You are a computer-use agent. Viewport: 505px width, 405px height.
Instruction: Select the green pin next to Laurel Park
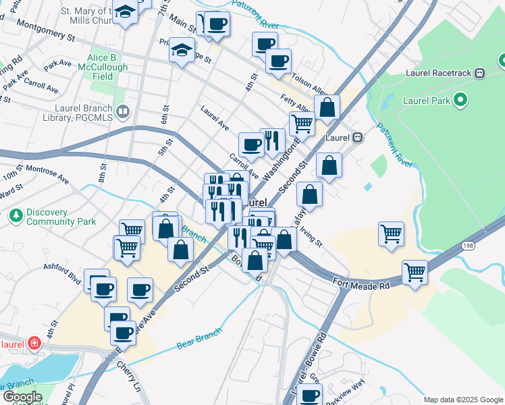click(x=460, y=101)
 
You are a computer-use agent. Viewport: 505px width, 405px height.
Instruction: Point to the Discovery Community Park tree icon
click(x=16, y=216)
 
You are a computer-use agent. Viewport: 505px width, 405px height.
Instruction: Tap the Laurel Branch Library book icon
click(x=122, y=111)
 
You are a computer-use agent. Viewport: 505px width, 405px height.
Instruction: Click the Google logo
click(x=22, y=397)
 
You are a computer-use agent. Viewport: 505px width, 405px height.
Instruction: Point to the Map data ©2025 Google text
click(x=462, y=400)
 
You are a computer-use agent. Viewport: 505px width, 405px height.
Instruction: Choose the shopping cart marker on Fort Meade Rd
click(x=415, y=273)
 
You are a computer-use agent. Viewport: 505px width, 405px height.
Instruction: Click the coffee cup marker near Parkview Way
click(x=309, y=395)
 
